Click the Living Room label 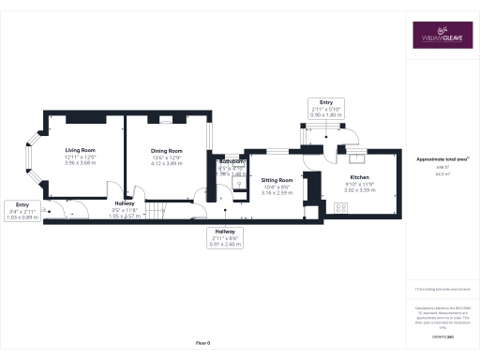coord(82,150)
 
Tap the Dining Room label coord(166,150)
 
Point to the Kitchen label coord(360,177)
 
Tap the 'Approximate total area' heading coord(442,159)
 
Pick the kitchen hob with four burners coord(338,209)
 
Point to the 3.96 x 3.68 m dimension coord(82,163)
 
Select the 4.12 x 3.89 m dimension coord(166,163)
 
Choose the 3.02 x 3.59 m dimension coord(360,190)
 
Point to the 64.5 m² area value coord(442,174)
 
